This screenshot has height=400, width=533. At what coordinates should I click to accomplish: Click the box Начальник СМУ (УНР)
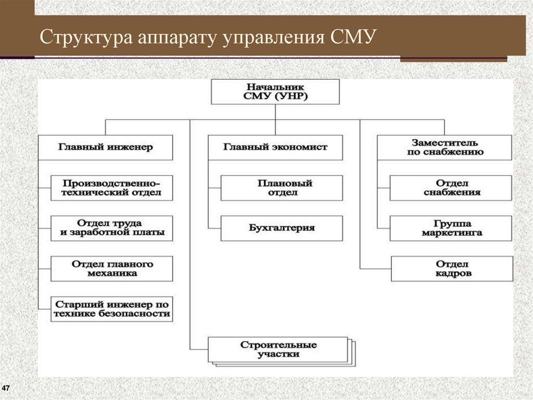(275, 92)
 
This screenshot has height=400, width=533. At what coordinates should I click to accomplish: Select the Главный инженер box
(106, 148)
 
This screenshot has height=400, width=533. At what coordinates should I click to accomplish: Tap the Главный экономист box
(275, 148)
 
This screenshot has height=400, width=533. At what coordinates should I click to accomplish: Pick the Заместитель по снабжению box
(445, 148)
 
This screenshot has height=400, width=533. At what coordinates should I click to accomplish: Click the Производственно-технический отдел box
(112, 188)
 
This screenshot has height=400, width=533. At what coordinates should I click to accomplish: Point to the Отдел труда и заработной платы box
(112, 228)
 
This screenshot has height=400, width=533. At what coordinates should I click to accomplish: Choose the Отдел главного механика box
(112, 268)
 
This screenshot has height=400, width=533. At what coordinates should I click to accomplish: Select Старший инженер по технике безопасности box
(112, 309)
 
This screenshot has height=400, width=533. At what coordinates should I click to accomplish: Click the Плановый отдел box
(282, 188)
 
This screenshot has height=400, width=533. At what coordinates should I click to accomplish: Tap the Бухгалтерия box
(282, 228)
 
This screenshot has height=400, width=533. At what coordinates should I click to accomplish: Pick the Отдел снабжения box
(451, 188)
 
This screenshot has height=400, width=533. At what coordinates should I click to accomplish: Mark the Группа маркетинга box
(451, 228)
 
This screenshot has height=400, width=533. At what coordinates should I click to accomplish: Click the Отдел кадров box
(452, 269)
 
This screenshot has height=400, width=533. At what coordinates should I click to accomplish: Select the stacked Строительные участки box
(278, 349)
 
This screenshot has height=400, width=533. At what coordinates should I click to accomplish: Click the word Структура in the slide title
(86, 39)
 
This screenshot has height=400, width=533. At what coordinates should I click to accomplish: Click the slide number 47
(6, 389)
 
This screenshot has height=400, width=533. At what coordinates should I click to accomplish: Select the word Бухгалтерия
(282, 228)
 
